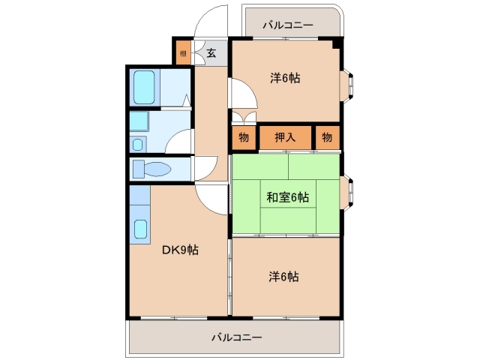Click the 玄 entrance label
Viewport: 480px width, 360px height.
tap(211, 52)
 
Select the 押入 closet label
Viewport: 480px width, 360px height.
tap(285, 136)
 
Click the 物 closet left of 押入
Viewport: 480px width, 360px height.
tap(244, 136)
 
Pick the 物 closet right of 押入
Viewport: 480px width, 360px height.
tap(327, 136)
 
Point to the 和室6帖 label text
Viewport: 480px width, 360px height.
tap(287, 197)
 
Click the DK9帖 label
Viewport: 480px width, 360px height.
tap(180, 250)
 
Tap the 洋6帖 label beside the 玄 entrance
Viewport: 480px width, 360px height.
tap(285, 77)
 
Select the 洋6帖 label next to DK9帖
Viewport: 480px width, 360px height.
tap(284, 277)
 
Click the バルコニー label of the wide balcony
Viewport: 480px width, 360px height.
tap(236, 337)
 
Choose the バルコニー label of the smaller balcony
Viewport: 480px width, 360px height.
tap(287, 25)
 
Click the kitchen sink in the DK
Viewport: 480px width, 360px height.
tap(140, 228)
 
